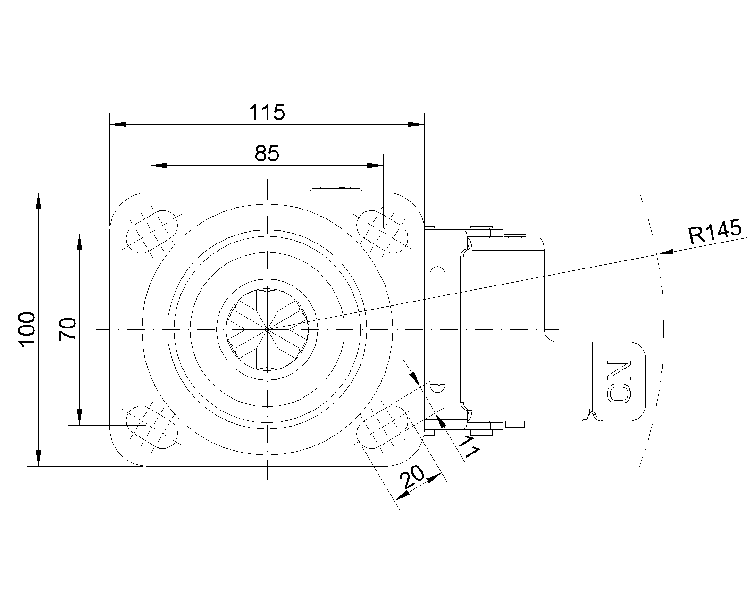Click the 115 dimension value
click(267, 112)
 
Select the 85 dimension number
click(267, 154)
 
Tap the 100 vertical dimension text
click(27, 329)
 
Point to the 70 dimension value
click(69, 329)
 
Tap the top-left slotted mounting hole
click(153, 232)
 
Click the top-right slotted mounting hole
click(382, 232)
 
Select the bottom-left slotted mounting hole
click(153, 427)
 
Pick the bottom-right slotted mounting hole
click(382, 427)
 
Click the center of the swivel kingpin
click(267, 329)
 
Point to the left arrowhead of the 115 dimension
click(118, 125)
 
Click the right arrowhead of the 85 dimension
click(375, 166)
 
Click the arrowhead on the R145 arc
click(665, 253)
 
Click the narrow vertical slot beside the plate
click(436, 329)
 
